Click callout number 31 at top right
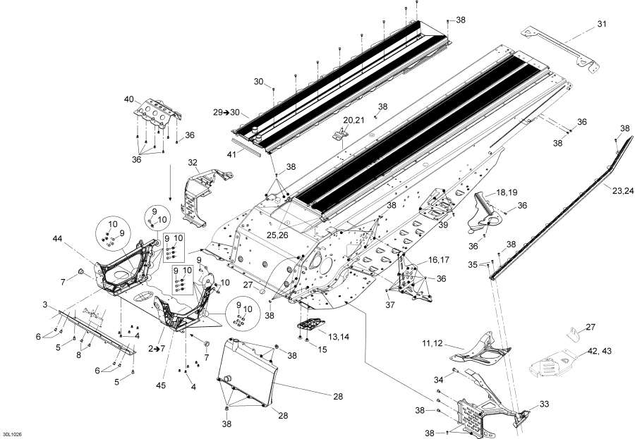(602, 24)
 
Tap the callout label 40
(129, 99)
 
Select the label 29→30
(226, 113)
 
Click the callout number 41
(231, 154)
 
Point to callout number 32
(193, 162)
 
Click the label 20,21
(353, 120)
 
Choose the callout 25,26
(277, 235)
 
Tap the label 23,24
(623, 191)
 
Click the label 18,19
(507, 192)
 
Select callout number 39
(444, 225)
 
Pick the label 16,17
(439, 259)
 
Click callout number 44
(58, 239)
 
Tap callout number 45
(161, 385)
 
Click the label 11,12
(432, 343)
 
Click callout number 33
(544, 404)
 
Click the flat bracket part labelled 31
(560, 50)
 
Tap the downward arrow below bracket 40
(170, 183)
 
